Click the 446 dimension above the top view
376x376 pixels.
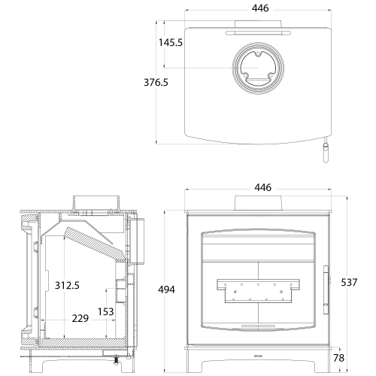260,8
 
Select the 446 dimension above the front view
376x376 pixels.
262,187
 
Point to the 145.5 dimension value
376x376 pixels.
171,43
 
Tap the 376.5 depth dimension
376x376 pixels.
156,82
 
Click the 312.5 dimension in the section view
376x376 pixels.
67,285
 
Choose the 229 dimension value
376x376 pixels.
80,318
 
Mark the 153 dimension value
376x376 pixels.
106,312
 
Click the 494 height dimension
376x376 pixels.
166,290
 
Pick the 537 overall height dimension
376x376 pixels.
349,283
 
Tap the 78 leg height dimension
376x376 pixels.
338,358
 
